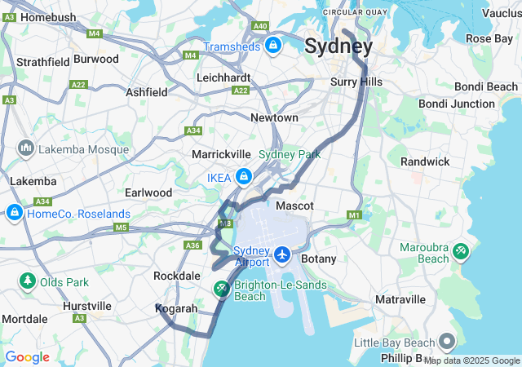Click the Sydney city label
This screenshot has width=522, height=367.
(338, 46)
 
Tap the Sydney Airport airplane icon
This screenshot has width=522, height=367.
(282, 255)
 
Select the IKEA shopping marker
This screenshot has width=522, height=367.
(243, 176)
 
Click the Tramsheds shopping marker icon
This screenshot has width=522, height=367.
(272, 45)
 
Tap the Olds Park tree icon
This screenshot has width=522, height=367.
(27, 282)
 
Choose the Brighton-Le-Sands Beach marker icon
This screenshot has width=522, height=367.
(222, 290)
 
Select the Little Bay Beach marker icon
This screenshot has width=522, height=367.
(447, 342)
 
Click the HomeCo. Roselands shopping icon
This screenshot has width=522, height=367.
(14, 214)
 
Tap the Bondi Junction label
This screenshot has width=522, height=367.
(456, 104)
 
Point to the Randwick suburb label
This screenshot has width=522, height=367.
(424, 161)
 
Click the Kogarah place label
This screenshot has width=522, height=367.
(176, 309)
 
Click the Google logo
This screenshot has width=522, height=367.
(27, 357)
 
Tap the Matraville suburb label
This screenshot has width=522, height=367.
(400, 300)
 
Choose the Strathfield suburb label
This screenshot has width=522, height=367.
(42, 62)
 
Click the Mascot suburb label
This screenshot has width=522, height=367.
(294, 206)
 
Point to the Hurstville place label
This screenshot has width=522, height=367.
(87, 306)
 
